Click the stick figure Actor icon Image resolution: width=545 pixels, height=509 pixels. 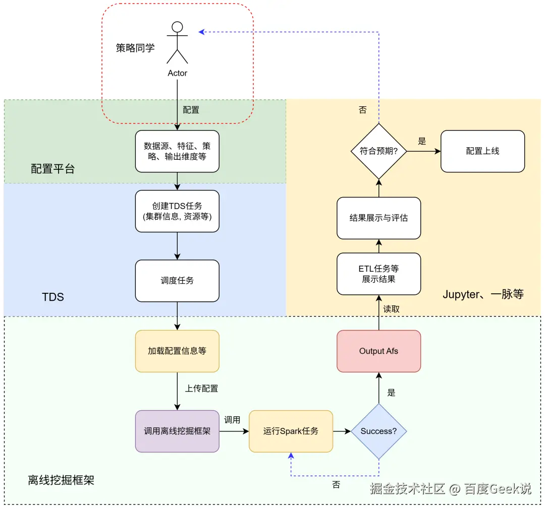[177, 43]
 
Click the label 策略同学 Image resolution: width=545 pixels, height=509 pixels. [135, 48]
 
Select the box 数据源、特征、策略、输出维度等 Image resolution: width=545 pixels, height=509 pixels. [177, 151]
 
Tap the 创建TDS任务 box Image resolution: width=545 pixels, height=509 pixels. [177, 211]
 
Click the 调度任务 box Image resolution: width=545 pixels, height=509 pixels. [177, 281]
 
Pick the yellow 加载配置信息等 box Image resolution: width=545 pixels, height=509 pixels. [177, 351]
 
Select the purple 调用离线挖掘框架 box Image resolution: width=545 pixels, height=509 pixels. [177, 431]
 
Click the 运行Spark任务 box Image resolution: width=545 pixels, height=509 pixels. [291, 431]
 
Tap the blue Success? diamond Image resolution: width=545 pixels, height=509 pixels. [378, 431]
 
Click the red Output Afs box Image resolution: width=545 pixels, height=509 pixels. [378, 351]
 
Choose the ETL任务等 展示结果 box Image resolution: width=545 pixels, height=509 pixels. [378, 274]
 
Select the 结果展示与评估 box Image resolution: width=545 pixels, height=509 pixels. [378, 218]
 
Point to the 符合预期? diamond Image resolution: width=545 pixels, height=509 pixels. [378, 151]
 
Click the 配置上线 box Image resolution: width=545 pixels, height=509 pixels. [482, 151]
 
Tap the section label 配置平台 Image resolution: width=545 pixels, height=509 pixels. [53, 169]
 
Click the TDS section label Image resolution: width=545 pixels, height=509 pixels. [53, 297]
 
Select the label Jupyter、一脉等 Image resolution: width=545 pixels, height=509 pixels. [483, 295]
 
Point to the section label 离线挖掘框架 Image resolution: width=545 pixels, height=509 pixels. [61, 480]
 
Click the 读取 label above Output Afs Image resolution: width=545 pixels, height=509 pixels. [392, 309]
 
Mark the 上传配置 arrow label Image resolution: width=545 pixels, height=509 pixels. [201, 389]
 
